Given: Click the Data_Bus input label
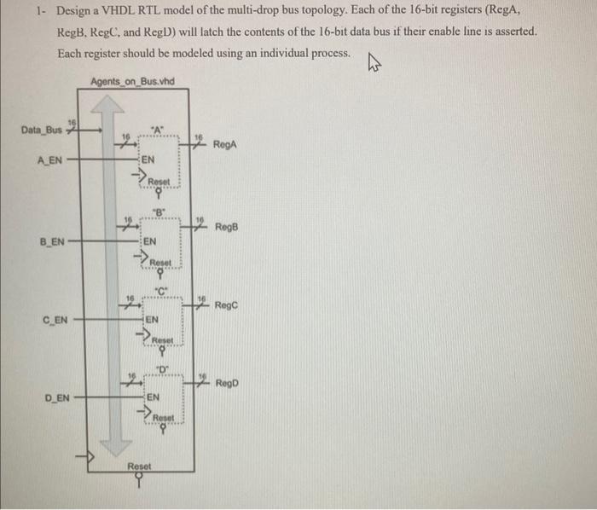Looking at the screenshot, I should pyautogui.click(x=41, y=130).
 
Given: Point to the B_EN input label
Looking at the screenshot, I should pyautogui.click(x=53, y=242).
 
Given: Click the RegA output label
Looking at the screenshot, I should pyautogui.click(x=224, y=144).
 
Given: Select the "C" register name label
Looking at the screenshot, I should pyautogui.click(x=159, y=290).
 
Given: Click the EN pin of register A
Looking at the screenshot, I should pyautogui.click(x=148, y=159).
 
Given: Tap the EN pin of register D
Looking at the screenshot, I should pyautogui.click(x=152, y=397).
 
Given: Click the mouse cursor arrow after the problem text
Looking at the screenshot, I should pyautogui.click(x=372, y=61).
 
